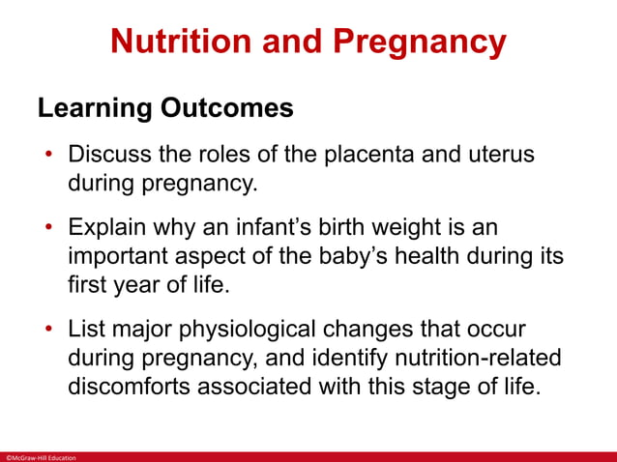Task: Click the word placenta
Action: point(342,156)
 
